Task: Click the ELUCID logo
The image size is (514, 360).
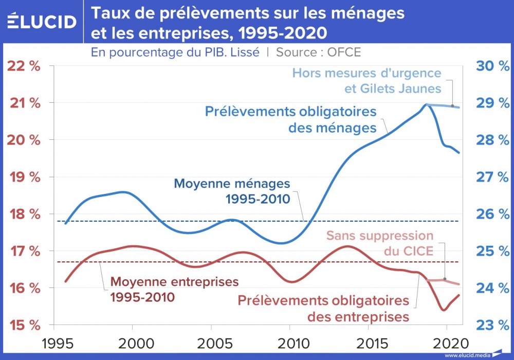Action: tap(42, 22)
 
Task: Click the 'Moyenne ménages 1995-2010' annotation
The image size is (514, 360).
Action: tap(232, 191)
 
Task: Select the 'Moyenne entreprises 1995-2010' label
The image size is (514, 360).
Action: tap(175, 290)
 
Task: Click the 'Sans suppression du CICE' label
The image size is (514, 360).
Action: tap(380, 244)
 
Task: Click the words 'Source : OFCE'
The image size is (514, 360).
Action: tap(319, 52)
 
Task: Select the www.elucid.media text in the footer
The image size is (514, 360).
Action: tap(466, 355)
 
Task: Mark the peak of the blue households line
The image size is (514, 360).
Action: tap(427, 104)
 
